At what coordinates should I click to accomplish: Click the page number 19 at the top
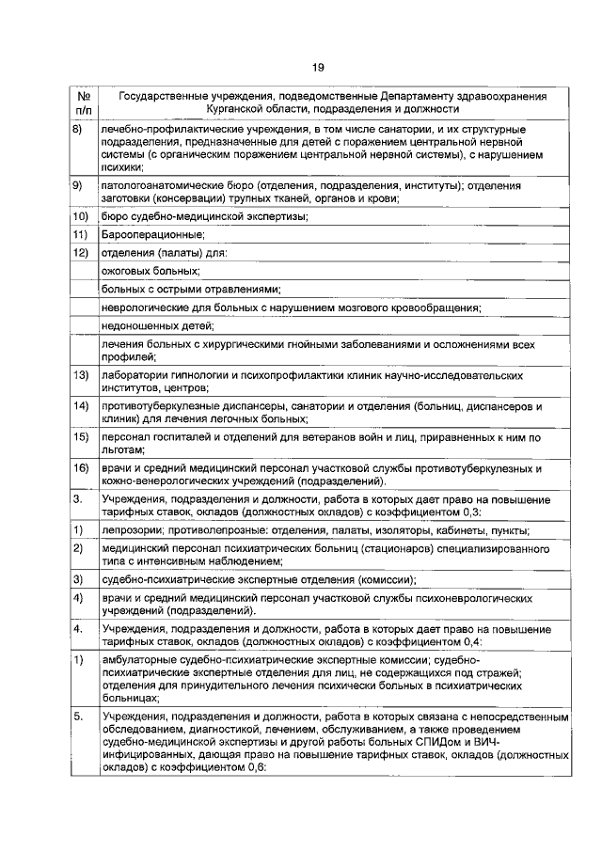click(317, 65)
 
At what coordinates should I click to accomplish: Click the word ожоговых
click(127, 270)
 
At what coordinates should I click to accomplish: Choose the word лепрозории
click(131, 530)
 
